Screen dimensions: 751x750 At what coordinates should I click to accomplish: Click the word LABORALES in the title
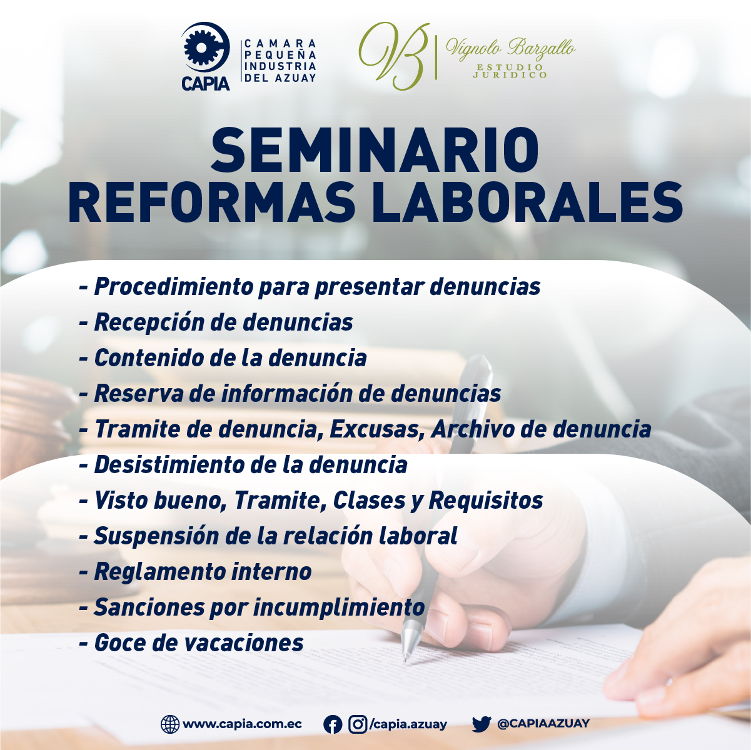point(527,202)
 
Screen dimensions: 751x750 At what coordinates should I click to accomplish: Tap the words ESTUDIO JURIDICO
point(510,71)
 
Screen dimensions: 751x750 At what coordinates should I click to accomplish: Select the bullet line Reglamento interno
point(195,571)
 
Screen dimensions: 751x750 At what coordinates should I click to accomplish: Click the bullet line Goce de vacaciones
point(191,642)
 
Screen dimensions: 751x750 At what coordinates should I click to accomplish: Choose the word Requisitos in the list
point(486,500)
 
